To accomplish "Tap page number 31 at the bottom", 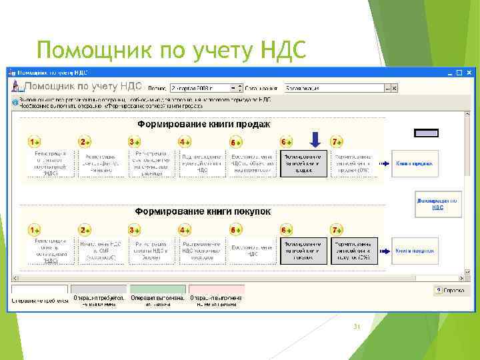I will pyautogui.click(x=356, y=327).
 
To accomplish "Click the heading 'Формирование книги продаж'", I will pyautogui.click(x=203, y=124).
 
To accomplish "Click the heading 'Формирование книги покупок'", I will pyautogui.click(x=203, y=211).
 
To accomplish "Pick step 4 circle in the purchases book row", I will pyautogui.click(x=185, y=229).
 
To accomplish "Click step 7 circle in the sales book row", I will pyautogui.click(x=337, y=142).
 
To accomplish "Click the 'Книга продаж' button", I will pyautogui.click(x=415, y=163).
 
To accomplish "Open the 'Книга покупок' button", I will pyautogui.click(x=415, y=251).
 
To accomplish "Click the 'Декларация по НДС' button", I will pyautogui.click(x=437, y=203).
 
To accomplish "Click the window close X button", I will pyautogui.click(x=469, y=71).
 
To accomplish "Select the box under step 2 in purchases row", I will pyautogui.click(x=101, y=251).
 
